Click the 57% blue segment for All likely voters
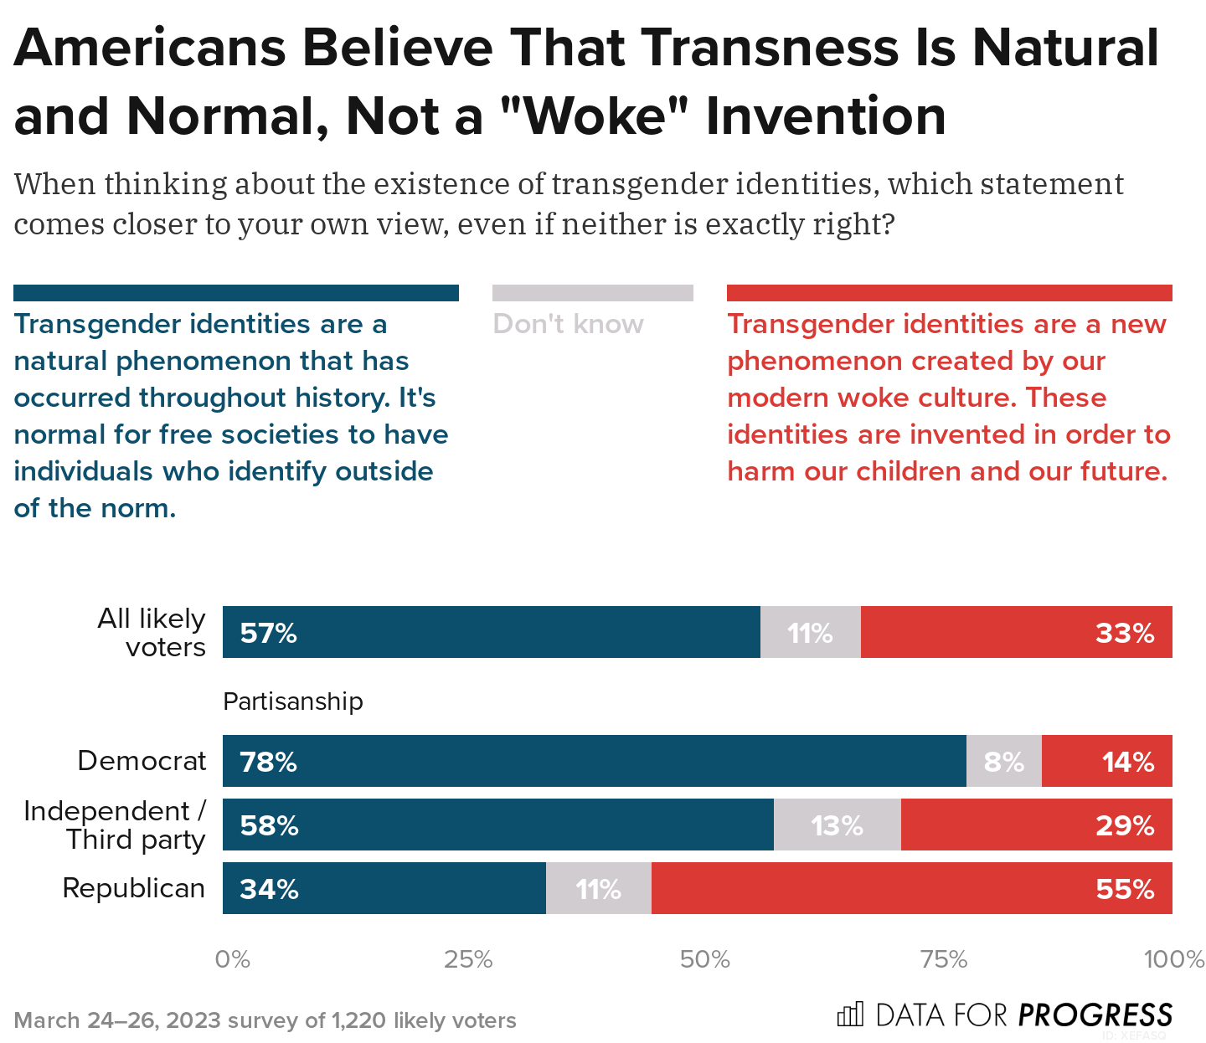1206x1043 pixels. pyautogui.click(x=491, y=632)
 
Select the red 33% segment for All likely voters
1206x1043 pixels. pyautogui.click(x=1016, y=632)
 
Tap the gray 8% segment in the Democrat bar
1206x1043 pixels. pyautogui.click(x=1003, y=761)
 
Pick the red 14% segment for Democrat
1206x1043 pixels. pyautogui.click(x=1106, y=761)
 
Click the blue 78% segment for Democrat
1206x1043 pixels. pyautogui.click(x=594, y=761)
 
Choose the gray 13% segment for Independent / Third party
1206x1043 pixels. pyautogui.click(x=837, y=825)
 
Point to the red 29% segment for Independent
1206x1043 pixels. pyautogui.click(x=1036, y=825)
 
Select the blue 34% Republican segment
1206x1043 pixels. pyautogui.click(x=384, y=888)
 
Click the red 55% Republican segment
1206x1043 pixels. pyautogui.click(x=911, y=888)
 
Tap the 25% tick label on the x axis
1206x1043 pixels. pyautogui.click(x=468, y=959)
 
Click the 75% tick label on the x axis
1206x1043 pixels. pyautogui.click(x=944, y=959)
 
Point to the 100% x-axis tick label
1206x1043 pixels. pyautogui.click(x=1173, y=959)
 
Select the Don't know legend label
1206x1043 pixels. pyautogui.click(x=568, y=324)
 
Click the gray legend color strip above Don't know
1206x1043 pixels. pyautogui.click(x=592, y=293)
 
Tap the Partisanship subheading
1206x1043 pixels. pyautogui.click(x=292, y=701)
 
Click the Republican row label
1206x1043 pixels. pyautogui.click(x=133, y=888)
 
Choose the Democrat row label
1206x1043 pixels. pyautogui.click(x=141, y=761)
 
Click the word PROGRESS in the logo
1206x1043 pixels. pyautogui.click(x=1095, y=1015)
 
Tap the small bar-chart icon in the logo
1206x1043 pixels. pyautogui.click(x=849, y=1015)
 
